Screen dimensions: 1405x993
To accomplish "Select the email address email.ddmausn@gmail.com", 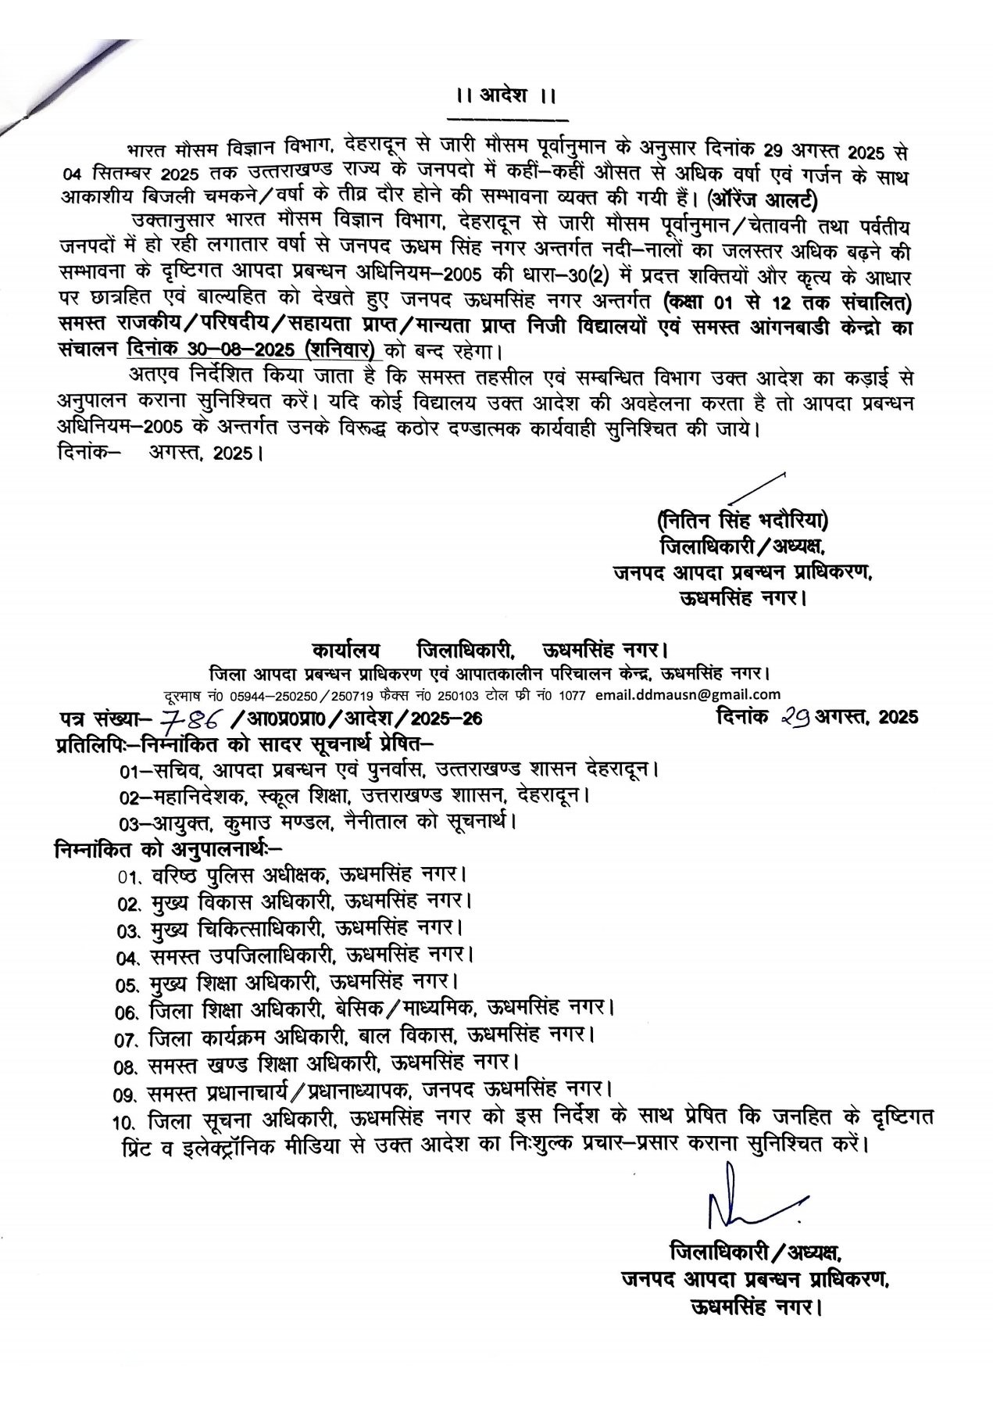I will point(688,694).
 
